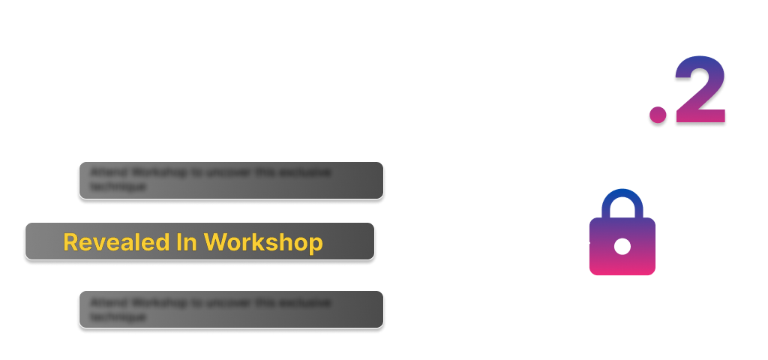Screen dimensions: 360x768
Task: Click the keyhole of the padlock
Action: coord(622,245)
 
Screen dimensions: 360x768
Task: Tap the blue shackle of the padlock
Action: coord(622,203)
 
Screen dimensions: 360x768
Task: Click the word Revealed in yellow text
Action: coord(120,242)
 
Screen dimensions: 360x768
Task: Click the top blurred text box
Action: coord(231,181)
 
